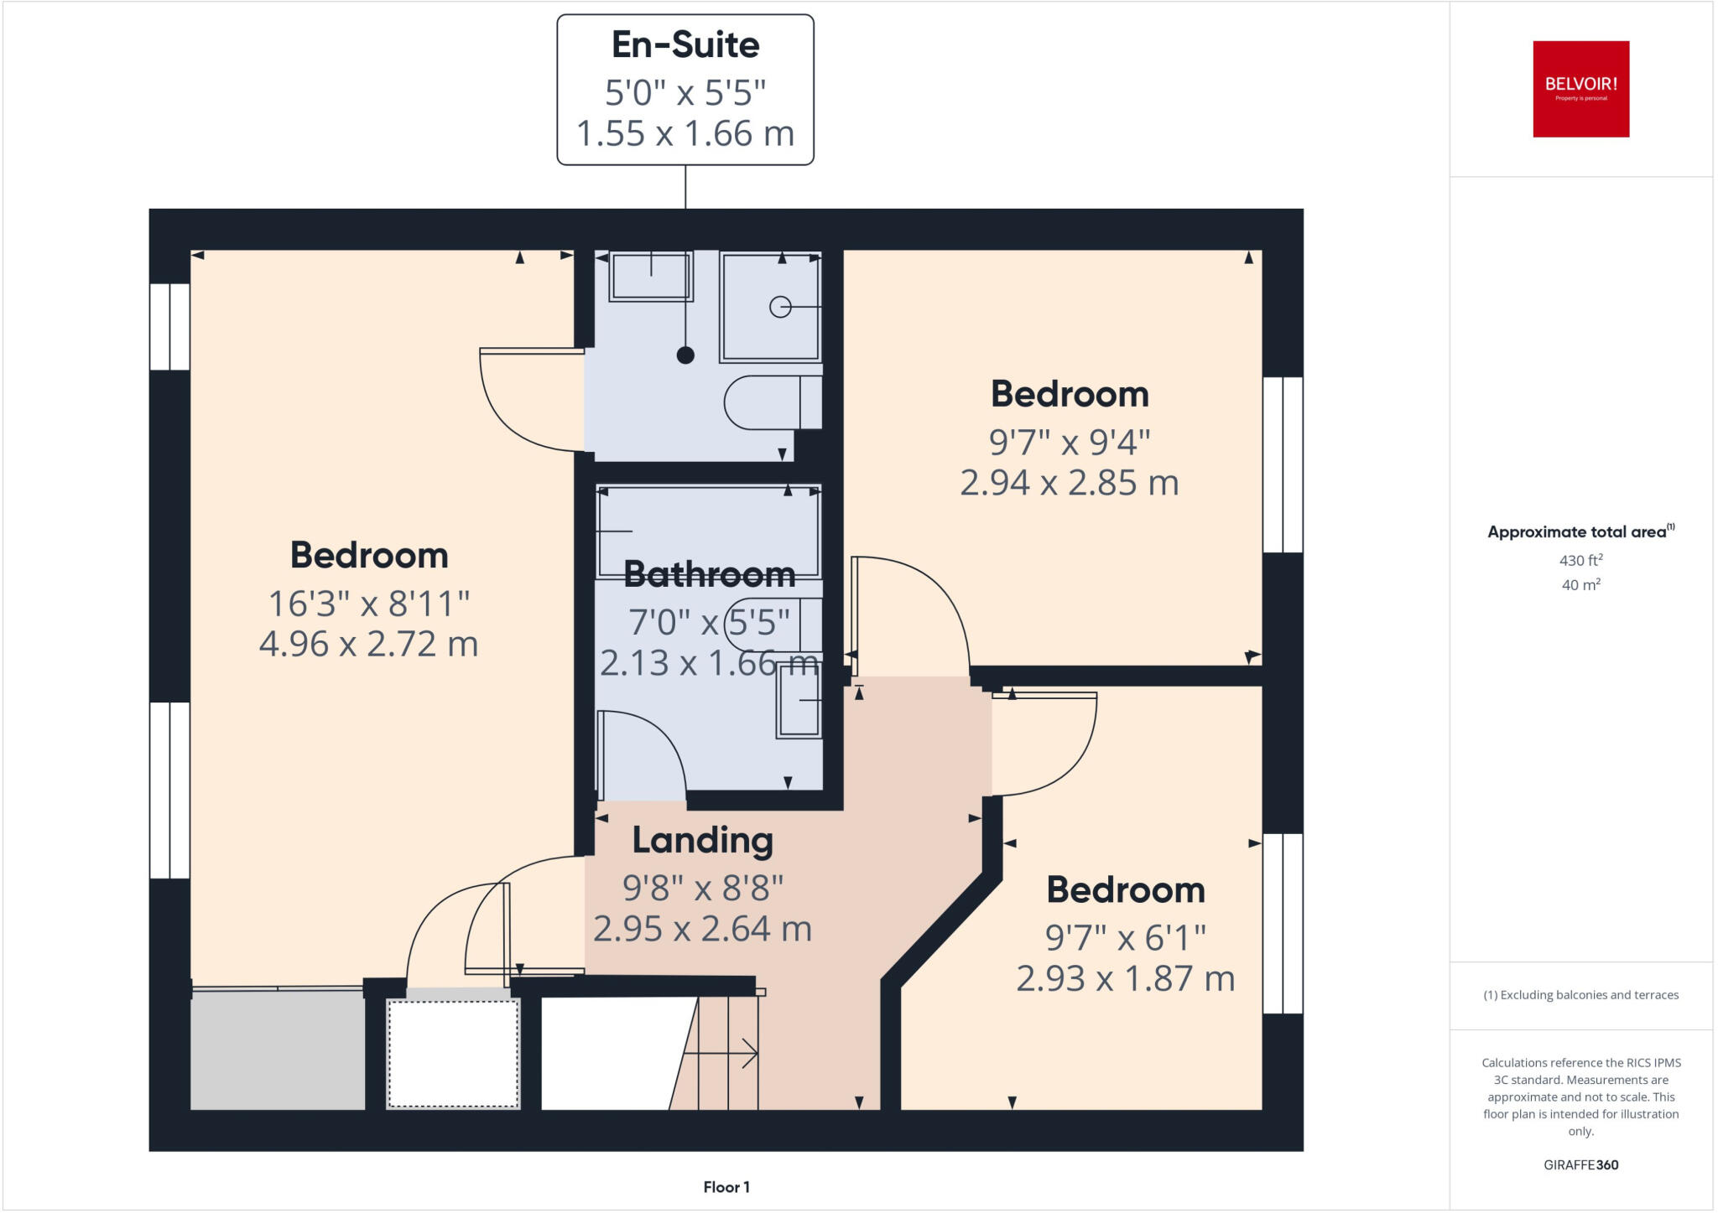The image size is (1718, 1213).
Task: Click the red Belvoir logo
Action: click(1580, 89)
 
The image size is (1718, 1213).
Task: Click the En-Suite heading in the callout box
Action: click(685, 45)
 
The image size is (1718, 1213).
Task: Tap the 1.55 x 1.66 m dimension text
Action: click(685, 134)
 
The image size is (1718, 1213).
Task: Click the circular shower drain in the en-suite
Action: click(780, 308)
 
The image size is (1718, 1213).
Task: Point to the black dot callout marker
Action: click(685, 355)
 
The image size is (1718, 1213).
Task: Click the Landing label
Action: click(702, 841)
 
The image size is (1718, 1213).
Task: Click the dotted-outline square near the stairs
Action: click(453, 1054)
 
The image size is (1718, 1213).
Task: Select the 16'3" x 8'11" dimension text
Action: click(369, 604)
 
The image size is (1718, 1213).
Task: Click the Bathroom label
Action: click(710, 575)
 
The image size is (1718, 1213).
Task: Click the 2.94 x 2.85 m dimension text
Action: click(1070, 484)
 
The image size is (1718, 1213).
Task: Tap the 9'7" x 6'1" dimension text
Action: click(1125, 938)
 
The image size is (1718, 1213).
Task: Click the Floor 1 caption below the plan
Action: click(726, 1187)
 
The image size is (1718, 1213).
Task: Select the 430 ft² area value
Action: click(1580, 561)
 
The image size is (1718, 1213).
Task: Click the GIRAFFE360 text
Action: click(1580, 1164)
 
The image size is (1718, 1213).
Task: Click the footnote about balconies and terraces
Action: click(1580, 995)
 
